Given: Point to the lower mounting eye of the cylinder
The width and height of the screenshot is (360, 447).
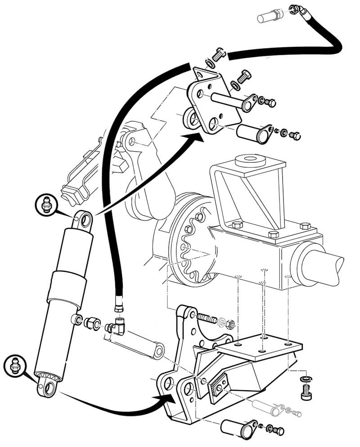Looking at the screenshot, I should tap(47, 387).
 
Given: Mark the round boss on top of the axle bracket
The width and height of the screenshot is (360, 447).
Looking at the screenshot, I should tap(249, 160).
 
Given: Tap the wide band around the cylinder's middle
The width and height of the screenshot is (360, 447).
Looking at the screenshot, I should tap(67, 285).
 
